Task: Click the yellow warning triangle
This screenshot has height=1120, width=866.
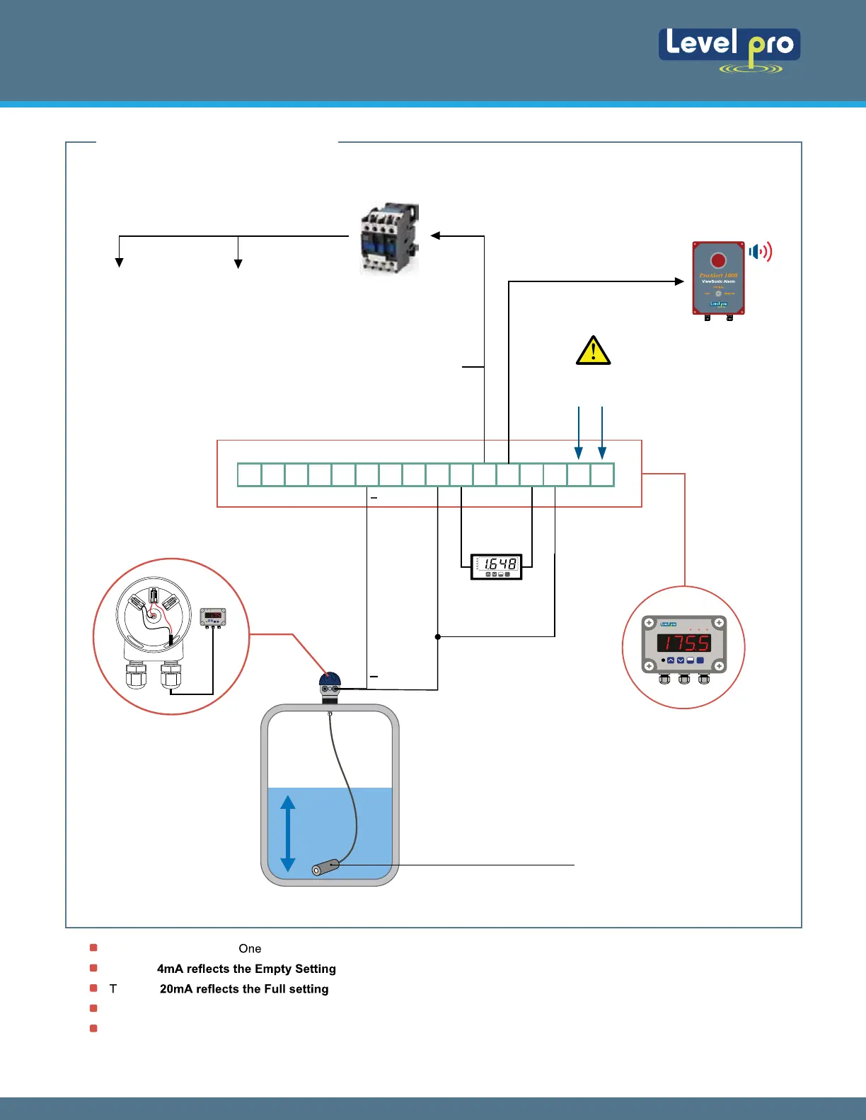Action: point(593,351)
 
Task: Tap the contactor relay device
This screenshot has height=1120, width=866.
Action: point(389,238)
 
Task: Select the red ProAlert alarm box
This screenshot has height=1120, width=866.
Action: point(718,279)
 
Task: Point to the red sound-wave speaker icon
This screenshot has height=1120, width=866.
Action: point(761,252)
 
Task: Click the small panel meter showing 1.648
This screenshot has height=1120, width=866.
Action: point(497,566)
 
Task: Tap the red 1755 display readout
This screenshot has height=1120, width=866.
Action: point(683,643)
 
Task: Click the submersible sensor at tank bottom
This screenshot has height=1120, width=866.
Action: point(325,867)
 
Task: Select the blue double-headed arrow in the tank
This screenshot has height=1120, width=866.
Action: point(287,833)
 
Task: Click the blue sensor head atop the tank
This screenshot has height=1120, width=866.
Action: point(330,684)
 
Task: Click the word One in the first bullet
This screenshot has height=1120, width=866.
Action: point(250,949)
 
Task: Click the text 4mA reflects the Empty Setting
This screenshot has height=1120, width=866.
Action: point(246,969)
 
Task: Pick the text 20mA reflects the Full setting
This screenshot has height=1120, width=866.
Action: point(244,989)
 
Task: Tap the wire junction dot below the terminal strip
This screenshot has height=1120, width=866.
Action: point(438,637)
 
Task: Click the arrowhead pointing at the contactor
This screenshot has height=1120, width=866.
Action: point(436,236)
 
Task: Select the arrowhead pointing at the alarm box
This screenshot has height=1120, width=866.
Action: point(679,281)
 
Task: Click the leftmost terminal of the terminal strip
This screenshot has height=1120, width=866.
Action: point(249,474)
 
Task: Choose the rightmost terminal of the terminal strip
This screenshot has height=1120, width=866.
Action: point(602,474)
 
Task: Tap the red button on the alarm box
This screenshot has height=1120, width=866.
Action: point(718,260)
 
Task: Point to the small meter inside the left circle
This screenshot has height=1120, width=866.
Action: point(213,617)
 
